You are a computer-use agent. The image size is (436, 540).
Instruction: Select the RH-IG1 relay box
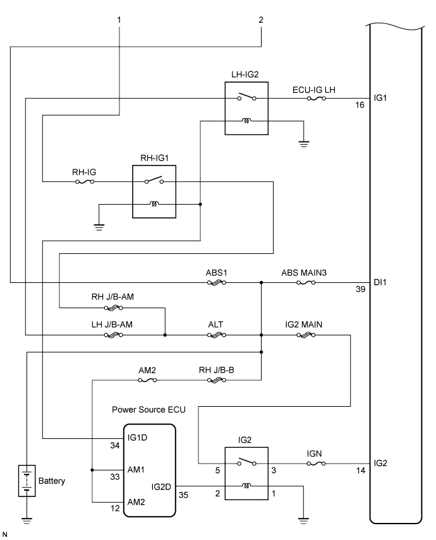154,192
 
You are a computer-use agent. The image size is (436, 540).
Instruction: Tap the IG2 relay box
246,474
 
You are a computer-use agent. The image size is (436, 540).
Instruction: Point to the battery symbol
26,481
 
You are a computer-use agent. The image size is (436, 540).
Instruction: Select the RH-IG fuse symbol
84,182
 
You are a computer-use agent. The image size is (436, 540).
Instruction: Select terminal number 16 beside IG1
359,105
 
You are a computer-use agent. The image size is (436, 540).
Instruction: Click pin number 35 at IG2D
185,495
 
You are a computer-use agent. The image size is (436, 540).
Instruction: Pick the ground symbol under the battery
26,520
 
